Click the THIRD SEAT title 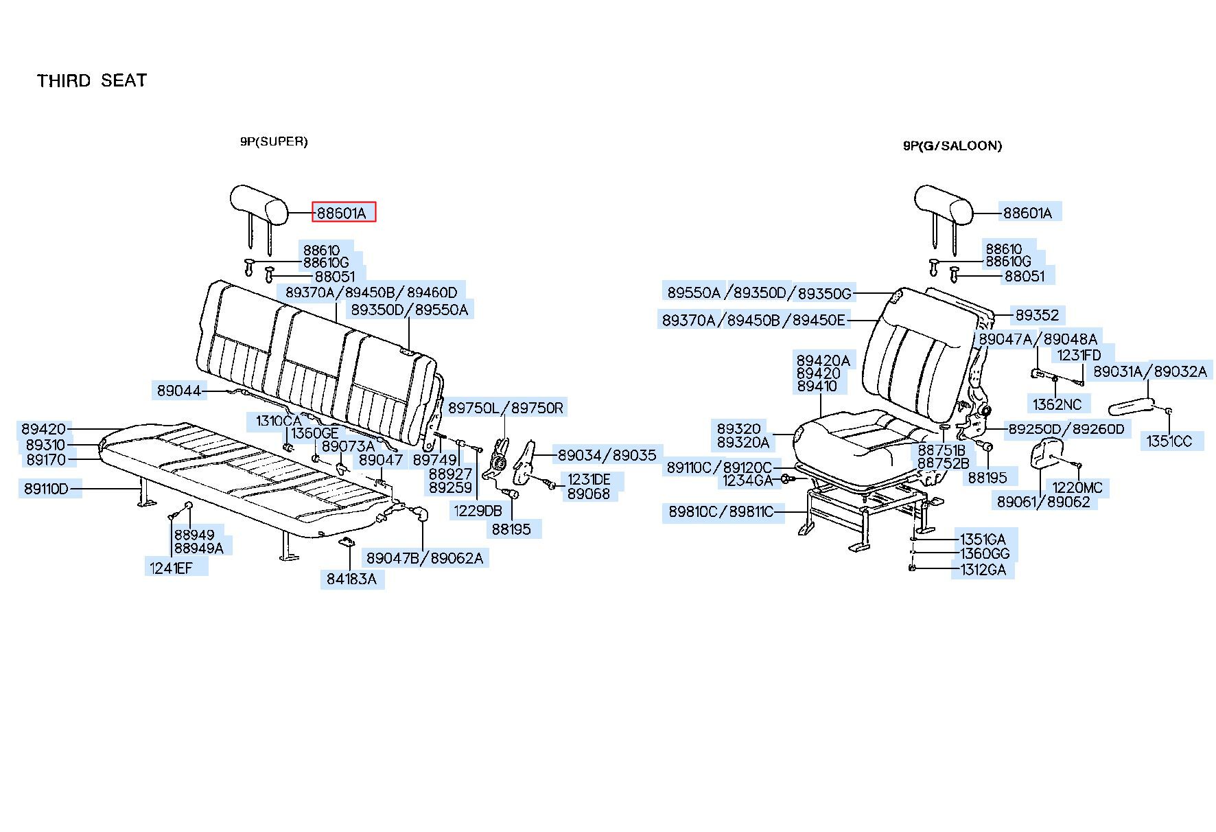(92, 81)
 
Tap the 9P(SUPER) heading (274, 142)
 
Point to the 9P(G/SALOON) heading (952, 146)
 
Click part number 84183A (351, 579)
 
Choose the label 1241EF (172, 568)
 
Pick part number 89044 (179, 391)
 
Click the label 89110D (47, 489)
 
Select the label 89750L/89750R (506, 408)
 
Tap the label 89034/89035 (607, 454)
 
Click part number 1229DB (477, 510)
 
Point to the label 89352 (1037, 315)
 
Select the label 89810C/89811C (721, 511)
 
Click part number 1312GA (982, 569)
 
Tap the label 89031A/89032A (1149, 371)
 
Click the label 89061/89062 (1043, 502)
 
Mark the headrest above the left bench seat (258, 205)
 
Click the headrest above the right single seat (944, 205)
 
